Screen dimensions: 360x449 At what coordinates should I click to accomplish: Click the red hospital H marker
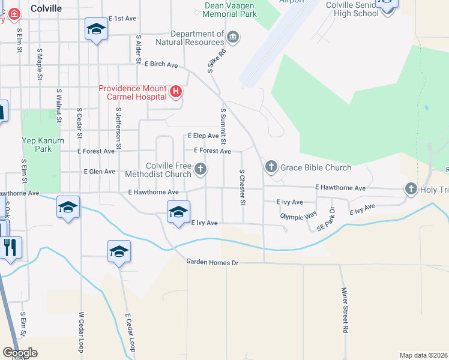tap(176, 92)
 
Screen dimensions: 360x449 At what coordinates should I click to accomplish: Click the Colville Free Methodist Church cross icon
tap(200, 170)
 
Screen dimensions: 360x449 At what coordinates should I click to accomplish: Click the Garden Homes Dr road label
tap(212, 262)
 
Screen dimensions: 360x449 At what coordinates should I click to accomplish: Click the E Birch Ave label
tap(161, 64)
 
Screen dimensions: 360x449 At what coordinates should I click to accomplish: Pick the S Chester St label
tap(243, 187)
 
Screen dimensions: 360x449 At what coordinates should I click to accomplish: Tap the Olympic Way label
tap(298, 215)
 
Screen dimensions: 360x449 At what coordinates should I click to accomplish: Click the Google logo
tap(20, 353)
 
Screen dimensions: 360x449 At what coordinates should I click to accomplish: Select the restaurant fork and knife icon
tap(10, 247)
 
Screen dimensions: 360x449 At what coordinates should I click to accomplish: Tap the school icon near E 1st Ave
tap(95, 29)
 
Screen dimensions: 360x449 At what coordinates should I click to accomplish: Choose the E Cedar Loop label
tap(130, 332)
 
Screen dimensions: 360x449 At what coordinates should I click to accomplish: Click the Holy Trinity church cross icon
tap(411, 190)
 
